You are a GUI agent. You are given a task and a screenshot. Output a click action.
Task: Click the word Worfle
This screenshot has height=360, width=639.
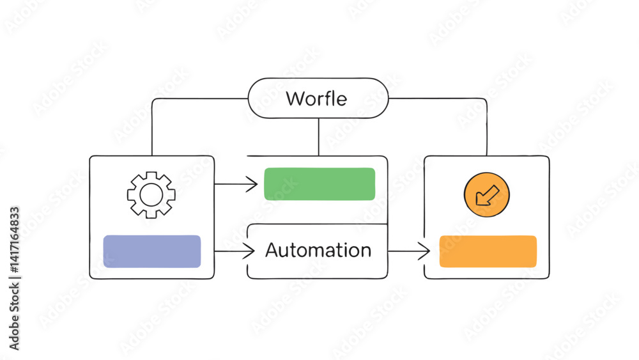tap(316, 99)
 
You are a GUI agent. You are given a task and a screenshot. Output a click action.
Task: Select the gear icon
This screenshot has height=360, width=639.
tap(151, 194)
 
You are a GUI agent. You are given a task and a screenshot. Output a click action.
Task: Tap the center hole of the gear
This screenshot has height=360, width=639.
tap(151, 194)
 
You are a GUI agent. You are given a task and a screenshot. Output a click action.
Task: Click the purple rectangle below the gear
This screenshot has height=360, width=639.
tap(152, 251)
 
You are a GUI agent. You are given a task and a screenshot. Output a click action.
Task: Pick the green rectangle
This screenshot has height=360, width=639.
tap(319, 184)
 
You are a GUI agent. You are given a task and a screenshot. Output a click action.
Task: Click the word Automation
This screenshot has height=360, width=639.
tap(318, 250)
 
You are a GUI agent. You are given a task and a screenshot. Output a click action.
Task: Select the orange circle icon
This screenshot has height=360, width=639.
tap(487, 194)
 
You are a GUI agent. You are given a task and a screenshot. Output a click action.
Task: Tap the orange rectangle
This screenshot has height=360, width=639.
tap(488, 251)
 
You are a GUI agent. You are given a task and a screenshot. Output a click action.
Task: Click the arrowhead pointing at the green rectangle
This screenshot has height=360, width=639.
tap(252, 185)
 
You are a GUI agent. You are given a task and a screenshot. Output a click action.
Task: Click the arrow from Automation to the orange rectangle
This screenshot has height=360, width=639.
tap(409, 251)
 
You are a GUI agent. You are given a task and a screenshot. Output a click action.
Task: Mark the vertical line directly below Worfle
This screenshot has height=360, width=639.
tap(318, 137)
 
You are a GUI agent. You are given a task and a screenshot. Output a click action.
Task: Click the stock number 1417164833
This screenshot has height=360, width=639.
tap(14, 243)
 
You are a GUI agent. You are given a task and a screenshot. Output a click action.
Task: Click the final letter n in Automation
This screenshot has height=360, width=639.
tap(364, 251)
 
